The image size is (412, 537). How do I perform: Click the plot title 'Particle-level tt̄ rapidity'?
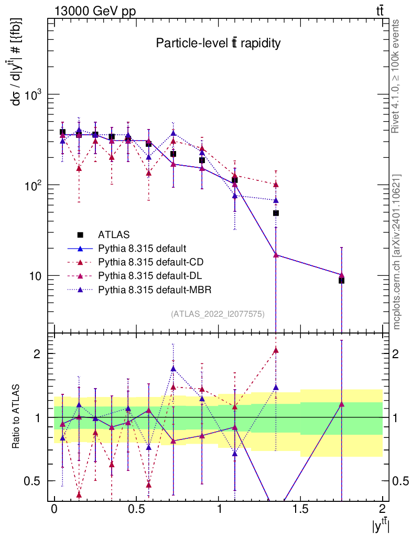click(x=218, y=44)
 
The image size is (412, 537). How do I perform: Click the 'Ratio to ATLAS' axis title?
click(x=17, y=417)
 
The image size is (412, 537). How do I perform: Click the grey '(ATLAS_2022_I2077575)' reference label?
click(x=218, y=314)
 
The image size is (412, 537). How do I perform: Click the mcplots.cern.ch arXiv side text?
click(x=397, y=252)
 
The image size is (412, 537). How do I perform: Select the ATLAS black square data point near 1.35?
click(x=276, y=213)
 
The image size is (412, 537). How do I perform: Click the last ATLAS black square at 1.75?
click(x=341, y=281)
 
